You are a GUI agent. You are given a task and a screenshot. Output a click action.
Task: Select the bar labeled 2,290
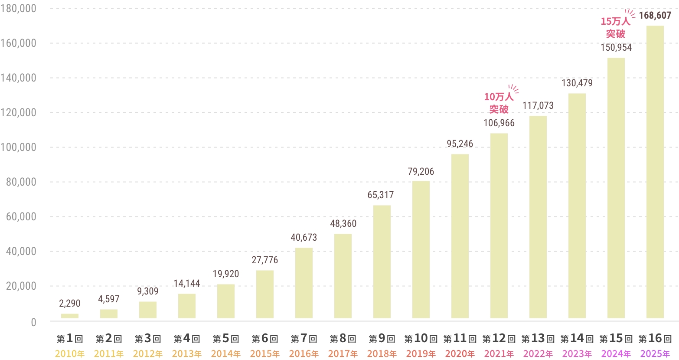[70, 316]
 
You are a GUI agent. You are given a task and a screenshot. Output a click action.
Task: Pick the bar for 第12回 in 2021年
[499, 226]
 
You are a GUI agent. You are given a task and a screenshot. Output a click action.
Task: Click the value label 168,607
[655, 16]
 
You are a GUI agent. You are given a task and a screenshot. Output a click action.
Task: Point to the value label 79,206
[421, 172]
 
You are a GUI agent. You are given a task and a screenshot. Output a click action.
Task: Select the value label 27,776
[264, 260]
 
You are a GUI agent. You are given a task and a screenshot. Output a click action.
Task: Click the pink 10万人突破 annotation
[499, 103]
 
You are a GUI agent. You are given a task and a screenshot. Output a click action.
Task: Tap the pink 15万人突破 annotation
[615, 27]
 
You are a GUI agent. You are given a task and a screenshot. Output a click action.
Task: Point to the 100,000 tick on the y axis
[18, 147]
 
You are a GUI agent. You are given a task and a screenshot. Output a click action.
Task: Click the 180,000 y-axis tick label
[18, 8]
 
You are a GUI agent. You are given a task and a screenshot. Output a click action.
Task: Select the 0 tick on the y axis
[33, 322]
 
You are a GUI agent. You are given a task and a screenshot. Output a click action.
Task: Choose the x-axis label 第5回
[225, 339]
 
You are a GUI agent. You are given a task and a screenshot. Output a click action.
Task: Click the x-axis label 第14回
[577, 339]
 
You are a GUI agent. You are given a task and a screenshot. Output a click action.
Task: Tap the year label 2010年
[70, 354]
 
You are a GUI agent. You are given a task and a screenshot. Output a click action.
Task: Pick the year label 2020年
[460, 354]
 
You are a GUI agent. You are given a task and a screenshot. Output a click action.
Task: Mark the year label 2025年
[655, 354]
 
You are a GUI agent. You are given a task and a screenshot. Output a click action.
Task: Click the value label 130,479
[577, 83]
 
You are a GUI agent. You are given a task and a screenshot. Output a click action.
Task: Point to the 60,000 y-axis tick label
[21, 216]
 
